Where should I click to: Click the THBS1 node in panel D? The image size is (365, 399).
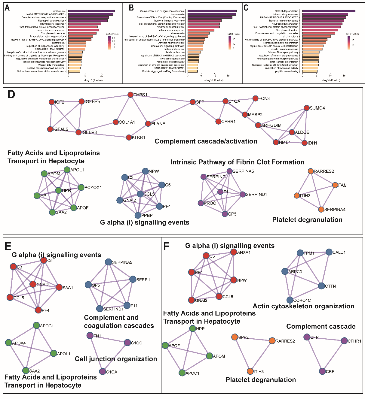(x=130, y=95)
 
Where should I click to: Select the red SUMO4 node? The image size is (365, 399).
(x=306, y=108)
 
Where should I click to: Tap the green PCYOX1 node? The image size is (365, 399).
(x=81, y=188)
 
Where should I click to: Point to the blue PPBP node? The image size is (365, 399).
(x=138, y=215)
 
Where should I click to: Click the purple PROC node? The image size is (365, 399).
(x=201, y=203)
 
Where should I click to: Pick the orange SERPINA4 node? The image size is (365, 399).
(x=321, y=210)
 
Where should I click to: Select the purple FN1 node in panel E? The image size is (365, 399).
(x=90, y=335)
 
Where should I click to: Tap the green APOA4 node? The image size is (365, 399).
(x=8, y=343)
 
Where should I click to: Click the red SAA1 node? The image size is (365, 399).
(x=59, y=287)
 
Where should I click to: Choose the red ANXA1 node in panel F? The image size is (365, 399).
(x=234, y=252)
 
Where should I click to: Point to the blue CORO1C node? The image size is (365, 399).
(x=290, y=300)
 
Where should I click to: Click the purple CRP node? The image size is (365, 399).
(x=322, y=371)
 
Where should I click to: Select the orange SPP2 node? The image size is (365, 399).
(x=235, y=337)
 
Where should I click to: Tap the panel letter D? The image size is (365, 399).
(x=11, y=95)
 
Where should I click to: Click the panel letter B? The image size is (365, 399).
(x=131, y=8)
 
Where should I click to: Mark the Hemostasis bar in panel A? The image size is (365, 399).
(x=91, y=11)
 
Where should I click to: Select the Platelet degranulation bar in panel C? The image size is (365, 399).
(x=329, y=11)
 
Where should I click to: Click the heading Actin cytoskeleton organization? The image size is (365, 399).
(x=303, y=306)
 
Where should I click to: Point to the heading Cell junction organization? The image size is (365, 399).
(x=116, y=359)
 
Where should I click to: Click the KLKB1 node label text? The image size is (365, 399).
(x=138, y=138)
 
